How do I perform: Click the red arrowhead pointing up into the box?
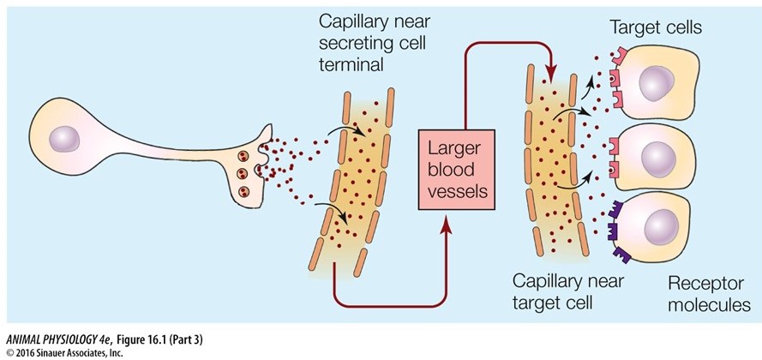[447, 227]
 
